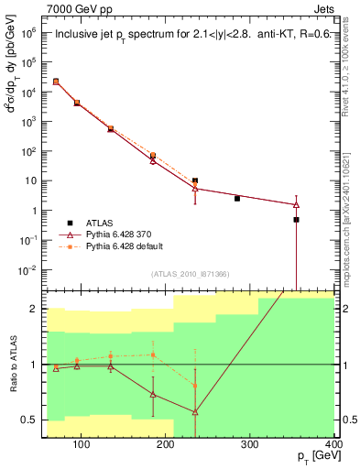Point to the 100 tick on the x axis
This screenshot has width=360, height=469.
81,446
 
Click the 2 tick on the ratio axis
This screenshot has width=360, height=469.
34,309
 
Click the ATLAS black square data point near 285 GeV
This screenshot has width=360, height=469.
237,198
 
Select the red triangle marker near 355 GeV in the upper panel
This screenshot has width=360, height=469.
296,204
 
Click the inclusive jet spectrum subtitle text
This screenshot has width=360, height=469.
189,36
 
